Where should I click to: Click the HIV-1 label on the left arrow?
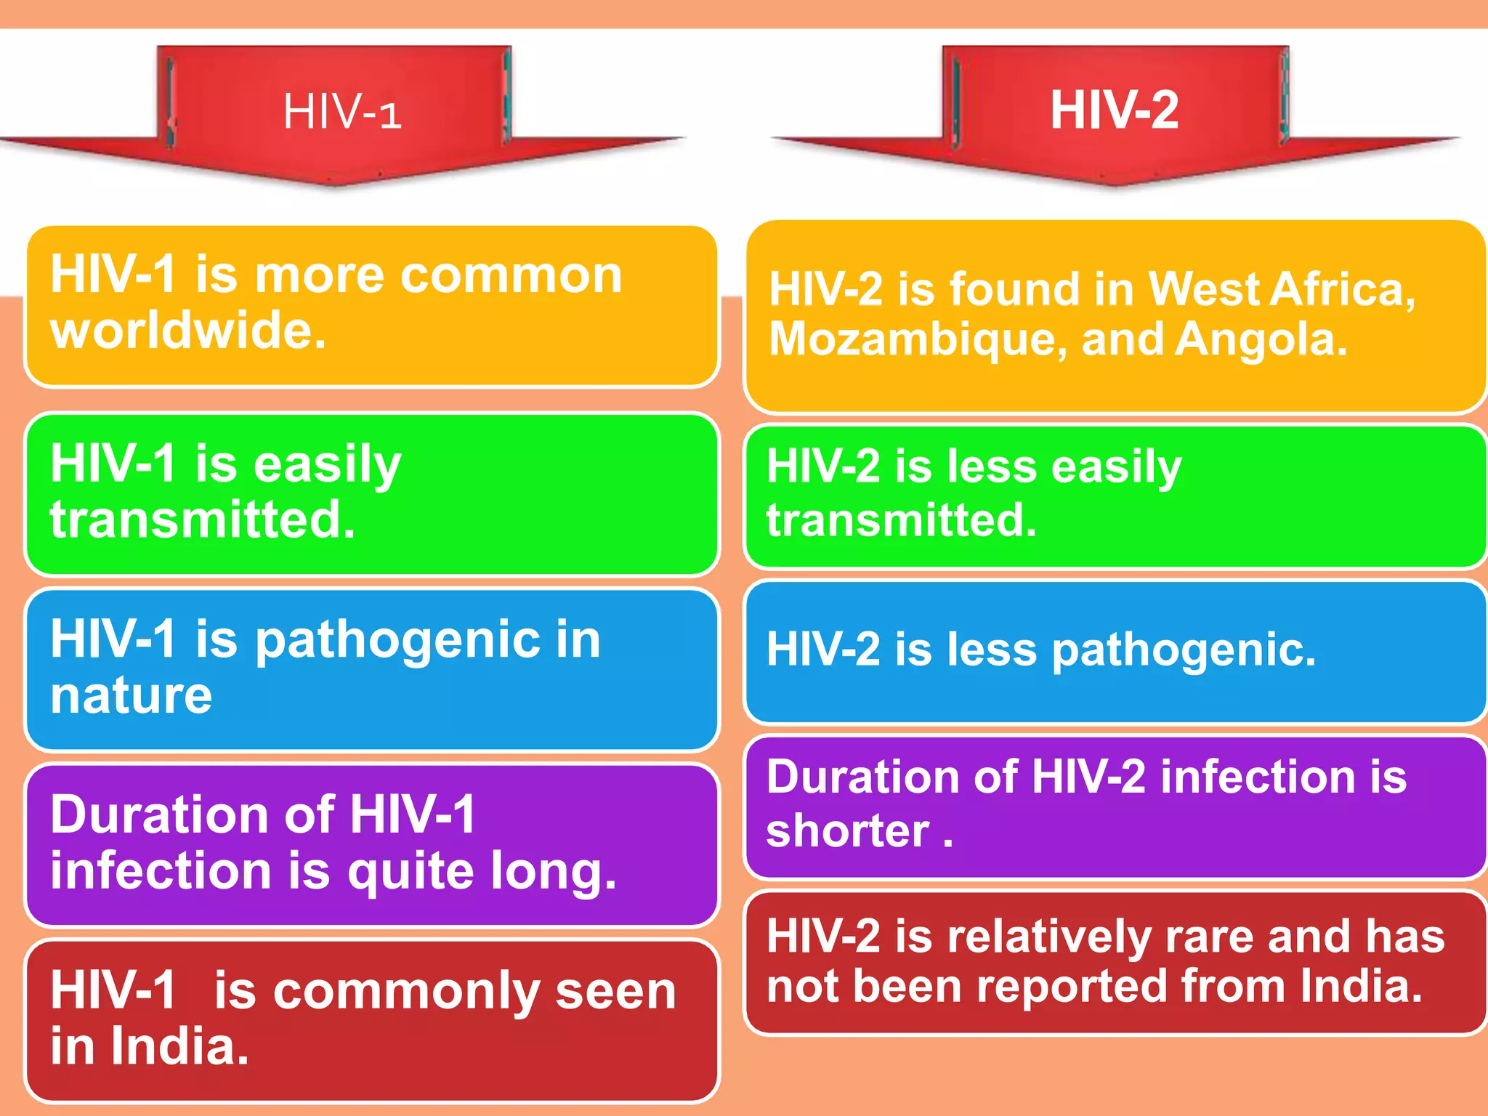point(341,113)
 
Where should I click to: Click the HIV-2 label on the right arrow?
point(1114,110)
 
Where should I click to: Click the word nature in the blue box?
point(131,695)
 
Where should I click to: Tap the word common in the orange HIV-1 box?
point(511,275)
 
